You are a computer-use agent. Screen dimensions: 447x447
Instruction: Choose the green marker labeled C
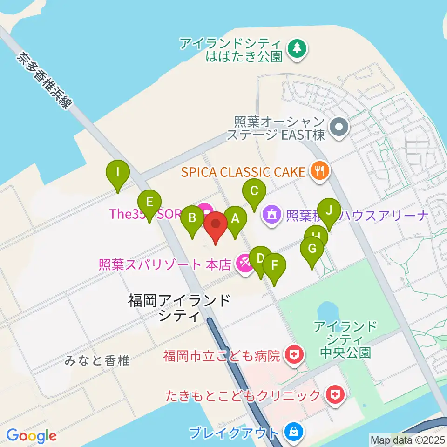tap(254, 191)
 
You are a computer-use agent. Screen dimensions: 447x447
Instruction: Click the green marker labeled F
tap(274, 266)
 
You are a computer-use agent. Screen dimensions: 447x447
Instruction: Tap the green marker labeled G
tap(312, 249)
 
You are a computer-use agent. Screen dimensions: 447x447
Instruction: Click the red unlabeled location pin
tap(216, 224)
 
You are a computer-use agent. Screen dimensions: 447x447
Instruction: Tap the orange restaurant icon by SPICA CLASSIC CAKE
tap(319, 172)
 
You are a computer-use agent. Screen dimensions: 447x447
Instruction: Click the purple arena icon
tap(272, 215)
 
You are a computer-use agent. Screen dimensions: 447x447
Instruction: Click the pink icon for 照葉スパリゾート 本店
tap(244, 264)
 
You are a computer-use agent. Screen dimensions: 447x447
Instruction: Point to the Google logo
tap(31, 436)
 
